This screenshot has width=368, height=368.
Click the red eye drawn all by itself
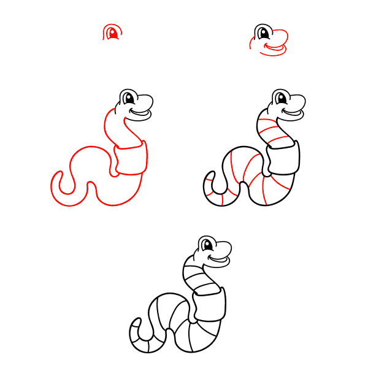[x=112, y=33]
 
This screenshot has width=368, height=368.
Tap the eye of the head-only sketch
[x=265, y=33]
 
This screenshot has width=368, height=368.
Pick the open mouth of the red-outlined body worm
[x=141, y=112]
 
